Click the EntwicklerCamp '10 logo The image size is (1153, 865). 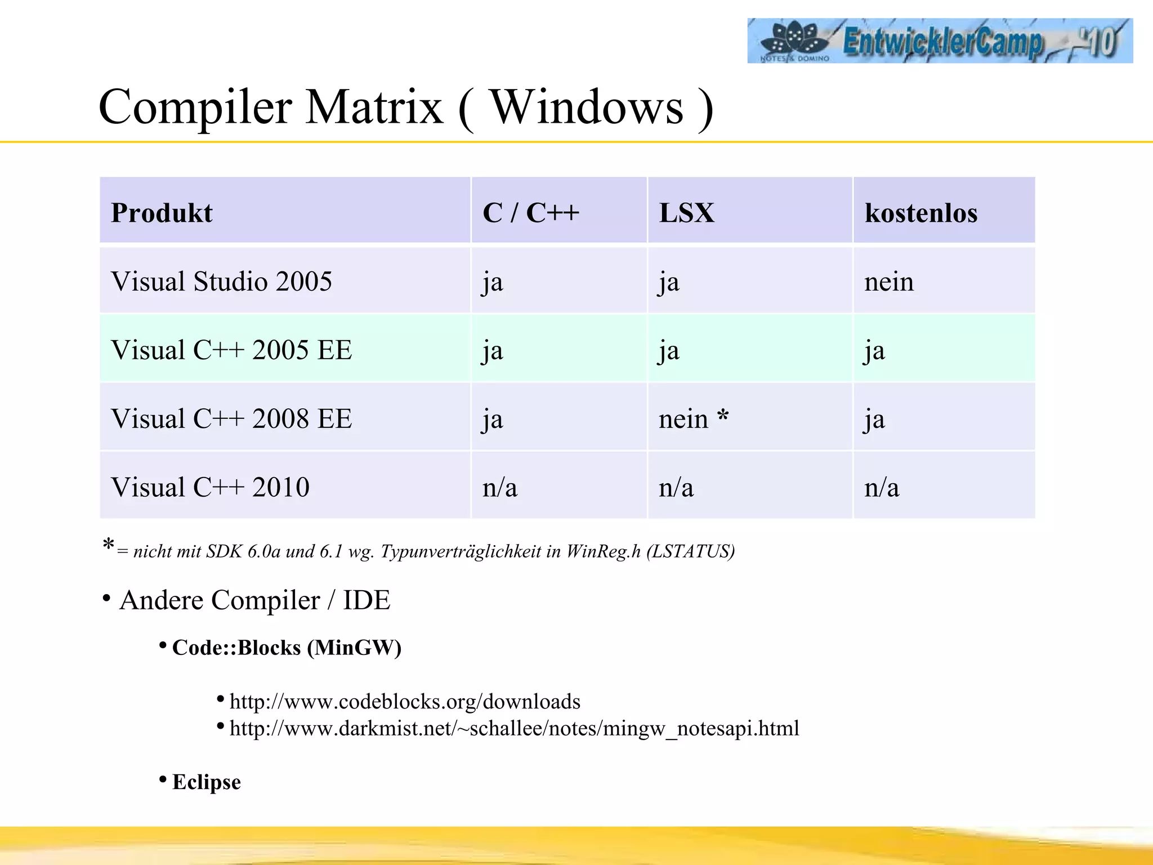(939, 41)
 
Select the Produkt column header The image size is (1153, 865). (162, 213)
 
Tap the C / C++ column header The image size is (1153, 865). (530, 213)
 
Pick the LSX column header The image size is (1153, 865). (686, 213)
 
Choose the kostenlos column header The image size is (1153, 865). (920, 213)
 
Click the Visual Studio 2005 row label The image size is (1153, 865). (221, 281)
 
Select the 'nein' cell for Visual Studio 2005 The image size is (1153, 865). (888, 282)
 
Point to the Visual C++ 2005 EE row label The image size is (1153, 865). (231, 350)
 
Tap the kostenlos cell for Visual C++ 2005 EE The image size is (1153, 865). (874, 351)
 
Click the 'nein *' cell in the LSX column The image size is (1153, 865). (693, 419)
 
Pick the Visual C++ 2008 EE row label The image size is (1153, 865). (231, 419)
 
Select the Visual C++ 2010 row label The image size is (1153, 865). (210, 487)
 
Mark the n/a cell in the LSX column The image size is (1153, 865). (676, 488)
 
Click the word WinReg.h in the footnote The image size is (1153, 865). (603, 551)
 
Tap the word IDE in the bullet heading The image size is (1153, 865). (367, 600)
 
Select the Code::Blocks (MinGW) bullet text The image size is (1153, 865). (287, 648)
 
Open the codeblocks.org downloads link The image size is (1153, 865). (405, 702)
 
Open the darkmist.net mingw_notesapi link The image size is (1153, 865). (514, 728)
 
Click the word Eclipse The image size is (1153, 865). (206, 782)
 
